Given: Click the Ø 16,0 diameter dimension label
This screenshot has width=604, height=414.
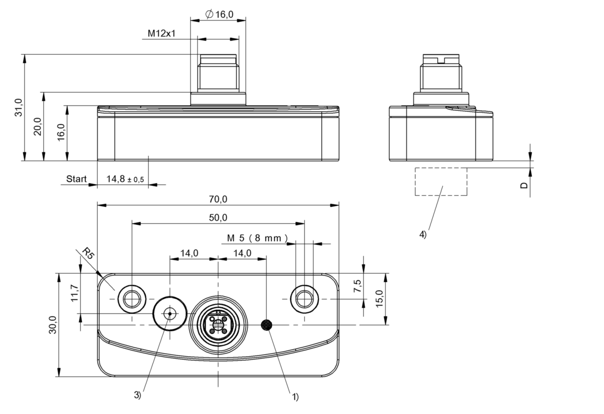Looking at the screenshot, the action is tap(219, 14).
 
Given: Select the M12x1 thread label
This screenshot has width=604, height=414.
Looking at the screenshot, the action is tap(162, 33).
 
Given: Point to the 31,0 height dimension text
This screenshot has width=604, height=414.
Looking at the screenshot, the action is tap(19, 107).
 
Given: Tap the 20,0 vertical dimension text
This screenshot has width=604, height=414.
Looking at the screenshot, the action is tap(38, 126).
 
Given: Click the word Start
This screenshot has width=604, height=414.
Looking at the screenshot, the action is tap(76, 179).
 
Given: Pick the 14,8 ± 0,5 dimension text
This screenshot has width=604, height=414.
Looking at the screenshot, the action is tap(125, 179).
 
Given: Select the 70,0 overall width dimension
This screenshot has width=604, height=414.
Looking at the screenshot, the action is tap(218, 199).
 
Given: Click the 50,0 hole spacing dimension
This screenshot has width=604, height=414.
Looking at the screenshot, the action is tap(218, 218).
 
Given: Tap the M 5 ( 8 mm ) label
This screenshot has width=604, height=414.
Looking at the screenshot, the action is tap(257, 238).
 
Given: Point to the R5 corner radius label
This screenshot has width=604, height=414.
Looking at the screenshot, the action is tap(88, 253).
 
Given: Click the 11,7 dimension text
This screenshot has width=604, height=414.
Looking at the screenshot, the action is tap(74, 293).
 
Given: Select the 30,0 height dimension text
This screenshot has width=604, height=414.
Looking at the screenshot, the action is tap(53, 325).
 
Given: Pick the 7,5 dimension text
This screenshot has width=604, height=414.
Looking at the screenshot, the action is tap(358, 286).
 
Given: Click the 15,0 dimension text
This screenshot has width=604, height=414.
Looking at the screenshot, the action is tap(379, 298).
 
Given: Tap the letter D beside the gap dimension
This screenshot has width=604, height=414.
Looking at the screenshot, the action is tap(524, 186).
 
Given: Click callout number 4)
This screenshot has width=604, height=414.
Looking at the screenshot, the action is tap(423, 235).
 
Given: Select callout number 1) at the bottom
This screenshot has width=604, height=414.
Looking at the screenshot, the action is tap(295, 397).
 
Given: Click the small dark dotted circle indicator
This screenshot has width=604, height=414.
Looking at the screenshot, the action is tap(267, 325).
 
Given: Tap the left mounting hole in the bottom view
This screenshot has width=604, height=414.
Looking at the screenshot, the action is tap(132, 299).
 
